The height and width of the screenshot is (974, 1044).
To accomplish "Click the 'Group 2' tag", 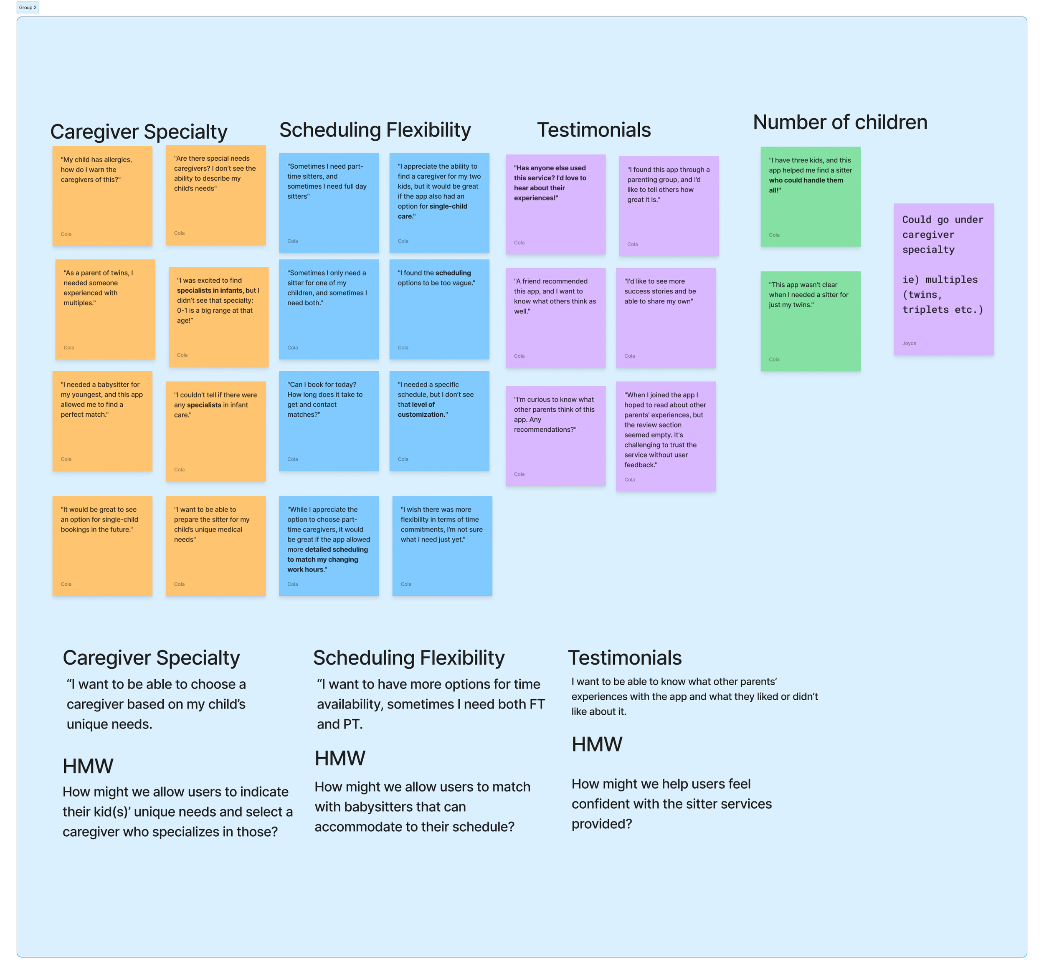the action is (28, 8).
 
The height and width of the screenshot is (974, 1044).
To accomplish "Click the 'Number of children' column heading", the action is (840, 122).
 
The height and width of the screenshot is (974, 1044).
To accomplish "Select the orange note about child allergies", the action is (102, 196).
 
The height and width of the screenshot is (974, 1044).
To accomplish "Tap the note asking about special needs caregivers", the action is (215, 195).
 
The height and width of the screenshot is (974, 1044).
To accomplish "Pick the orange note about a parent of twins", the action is (105, 309).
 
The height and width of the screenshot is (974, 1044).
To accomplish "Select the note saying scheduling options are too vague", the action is (439, 309).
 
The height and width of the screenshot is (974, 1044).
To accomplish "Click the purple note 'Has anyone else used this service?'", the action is (555, 204).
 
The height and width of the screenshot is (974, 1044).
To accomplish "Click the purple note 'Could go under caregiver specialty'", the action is (943, 279).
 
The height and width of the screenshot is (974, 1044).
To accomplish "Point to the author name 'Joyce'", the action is (909, 344).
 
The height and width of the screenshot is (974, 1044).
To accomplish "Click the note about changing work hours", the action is (329, 546).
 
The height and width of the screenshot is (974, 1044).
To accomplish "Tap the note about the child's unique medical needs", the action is (215, 546).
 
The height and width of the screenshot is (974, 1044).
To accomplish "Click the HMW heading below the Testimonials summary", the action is (597, 744).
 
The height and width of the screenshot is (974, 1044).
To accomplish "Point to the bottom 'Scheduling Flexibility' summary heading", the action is (408, 658).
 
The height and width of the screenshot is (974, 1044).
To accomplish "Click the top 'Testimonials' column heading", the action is (593, 130).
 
